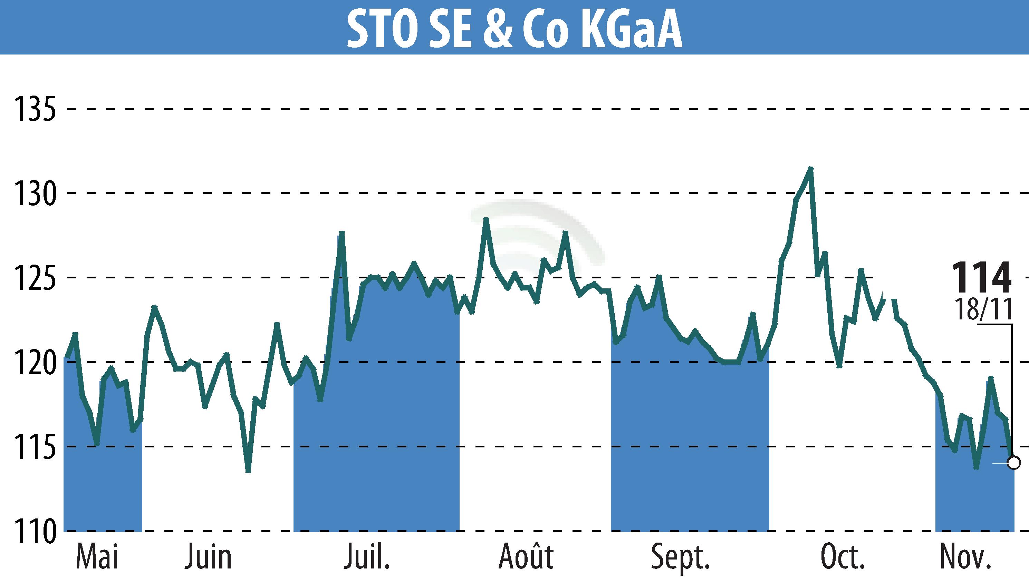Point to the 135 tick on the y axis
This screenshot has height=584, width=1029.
pos(34,109)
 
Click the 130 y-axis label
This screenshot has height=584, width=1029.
pos(34,193)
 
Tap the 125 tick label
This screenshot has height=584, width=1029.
pos(34,278)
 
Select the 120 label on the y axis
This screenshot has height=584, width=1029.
pos(34,362)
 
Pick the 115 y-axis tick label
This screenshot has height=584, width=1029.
pos(34,446)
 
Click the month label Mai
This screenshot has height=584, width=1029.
pos(97,557)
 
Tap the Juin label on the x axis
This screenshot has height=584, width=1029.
pos(208,557)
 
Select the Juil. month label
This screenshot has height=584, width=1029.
pos(367,557)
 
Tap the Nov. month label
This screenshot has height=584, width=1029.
pos(964,557)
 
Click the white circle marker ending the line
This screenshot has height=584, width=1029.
pos(1014,463)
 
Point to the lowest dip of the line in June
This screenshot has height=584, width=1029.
pos(248,471)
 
